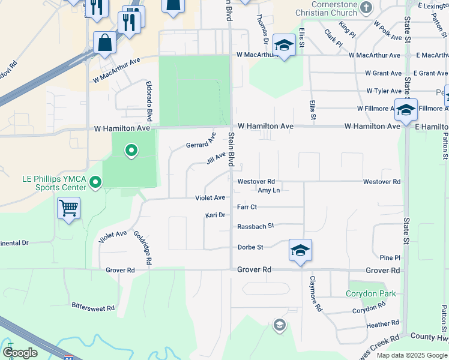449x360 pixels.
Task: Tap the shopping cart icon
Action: (69, 208)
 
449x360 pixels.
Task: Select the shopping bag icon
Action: (105, 43)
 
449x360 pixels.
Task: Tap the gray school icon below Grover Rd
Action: (279, 325)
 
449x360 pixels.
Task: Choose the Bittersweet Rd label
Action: (93, 308)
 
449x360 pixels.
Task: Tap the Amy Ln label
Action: (268, 190)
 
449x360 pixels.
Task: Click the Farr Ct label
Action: (247, 207)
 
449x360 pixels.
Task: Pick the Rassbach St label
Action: (255, 226)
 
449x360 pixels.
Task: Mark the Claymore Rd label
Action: (316, 292)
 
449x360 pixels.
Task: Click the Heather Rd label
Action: (382, 324)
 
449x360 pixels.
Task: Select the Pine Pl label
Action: (390, 257)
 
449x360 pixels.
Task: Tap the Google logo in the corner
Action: (20, 353)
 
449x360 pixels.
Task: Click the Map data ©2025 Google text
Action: (412, 355)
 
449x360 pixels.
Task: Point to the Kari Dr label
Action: (214, 215)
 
